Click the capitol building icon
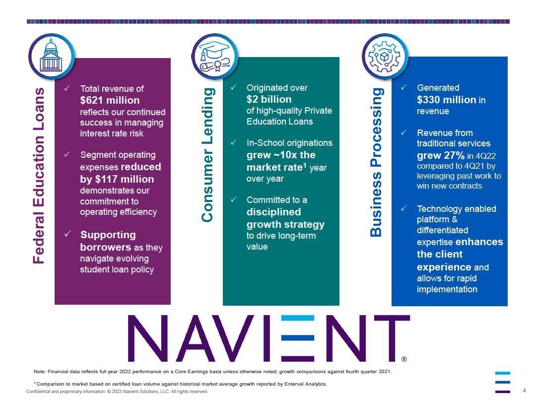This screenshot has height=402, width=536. click(51, 55)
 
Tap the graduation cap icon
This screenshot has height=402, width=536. click(214, 56)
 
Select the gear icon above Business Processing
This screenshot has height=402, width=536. click(384, 57)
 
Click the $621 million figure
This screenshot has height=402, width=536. click(110, 100)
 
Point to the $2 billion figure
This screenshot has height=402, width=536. click(269, 99)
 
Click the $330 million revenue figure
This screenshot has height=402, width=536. click(447, 99)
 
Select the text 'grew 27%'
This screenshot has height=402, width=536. click(441, 155)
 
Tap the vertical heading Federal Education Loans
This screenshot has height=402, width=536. click(39, 176)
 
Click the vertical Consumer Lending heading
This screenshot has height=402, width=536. click(207, 155)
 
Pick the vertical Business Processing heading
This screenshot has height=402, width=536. click(376, 162)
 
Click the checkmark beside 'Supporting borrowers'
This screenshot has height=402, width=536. click(67, 234)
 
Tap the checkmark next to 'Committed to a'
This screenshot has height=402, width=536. click(233, 199)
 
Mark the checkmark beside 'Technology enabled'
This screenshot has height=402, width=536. click(403, 208)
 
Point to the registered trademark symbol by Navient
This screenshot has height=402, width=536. click(404, 359)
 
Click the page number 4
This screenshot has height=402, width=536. click(525, 390)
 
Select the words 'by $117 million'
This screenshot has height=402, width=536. click(117, 179)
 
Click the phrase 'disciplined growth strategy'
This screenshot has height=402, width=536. click(285, 218)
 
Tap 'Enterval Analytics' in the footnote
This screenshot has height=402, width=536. click(307, 384)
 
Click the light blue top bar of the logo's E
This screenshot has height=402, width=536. click(298, 318)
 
